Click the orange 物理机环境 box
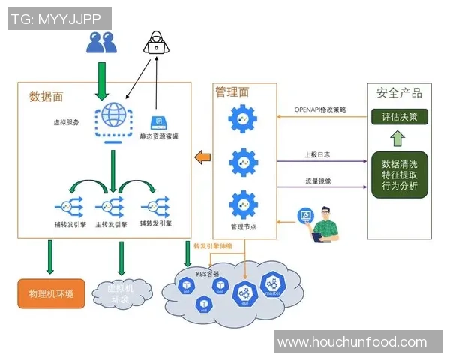(51, 293)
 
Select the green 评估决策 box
(399, 117)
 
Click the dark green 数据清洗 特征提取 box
(399, 175)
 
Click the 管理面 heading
(231, 91)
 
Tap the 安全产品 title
(399, 93)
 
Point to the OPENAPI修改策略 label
(321, 110)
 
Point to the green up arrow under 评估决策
(398, 139)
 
